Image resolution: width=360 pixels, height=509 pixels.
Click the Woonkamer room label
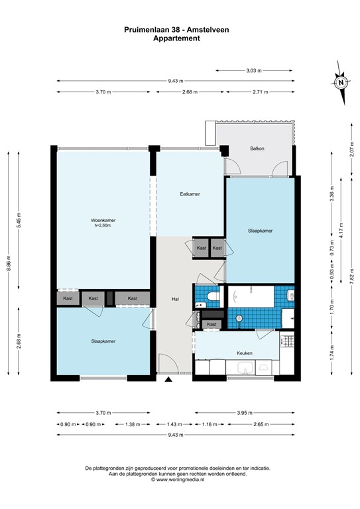point(103,220)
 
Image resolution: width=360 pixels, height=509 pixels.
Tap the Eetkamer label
point(190,194)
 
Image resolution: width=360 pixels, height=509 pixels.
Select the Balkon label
point(257,148)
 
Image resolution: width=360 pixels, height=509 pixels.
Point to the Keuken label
point(245,353)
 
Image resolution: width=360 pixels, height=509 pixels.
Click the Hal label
point(175,299)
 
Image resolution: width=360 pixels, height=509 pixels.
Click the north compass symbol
point(341,83)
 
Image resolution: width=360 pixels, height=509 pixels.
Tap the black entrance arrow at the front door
point(168,379)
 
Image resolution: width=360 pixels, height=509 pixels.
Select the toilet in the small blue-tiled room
point(213,296)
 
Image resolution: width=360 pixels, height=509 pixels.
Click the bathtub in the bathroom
point(251,296)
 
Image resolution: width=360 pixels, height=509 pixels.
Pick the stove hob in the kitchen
point(287,341)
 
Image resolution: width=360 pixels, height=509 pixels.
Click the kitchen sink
point(245,368)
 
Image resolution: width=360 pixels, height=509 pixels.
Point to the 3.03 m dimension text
point(254,70)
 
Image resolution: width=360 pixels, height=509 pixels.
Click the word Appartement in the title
point(176,38)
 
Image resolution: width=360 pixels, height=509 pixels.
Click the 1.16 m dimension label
point(210,424)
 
